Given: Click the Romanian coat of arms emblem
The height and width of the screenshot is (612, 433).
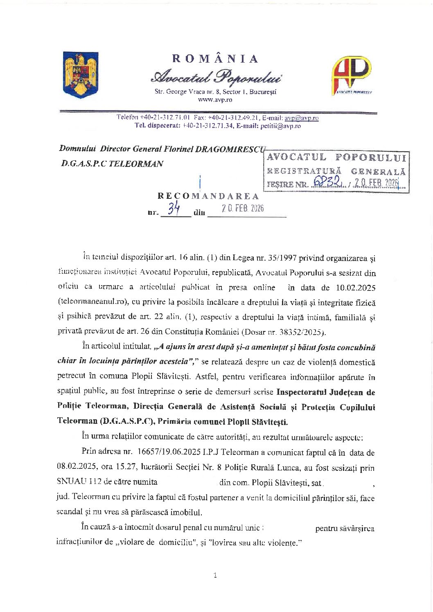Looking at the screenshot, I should (x=80, y=75).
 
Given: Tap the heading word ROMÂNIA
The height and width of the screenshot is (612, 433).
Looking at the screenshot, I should (x=215, y=59).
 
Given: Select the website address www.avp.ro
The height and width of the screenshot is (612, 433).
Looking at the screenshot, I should (x=215, y=100).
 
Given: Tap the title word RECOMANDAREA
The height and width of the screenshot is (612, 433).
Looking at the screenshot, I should (x=208, y=196).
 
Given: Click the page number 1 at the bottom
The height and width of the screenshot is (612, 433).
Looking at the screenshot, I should (x=215, y=576).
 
